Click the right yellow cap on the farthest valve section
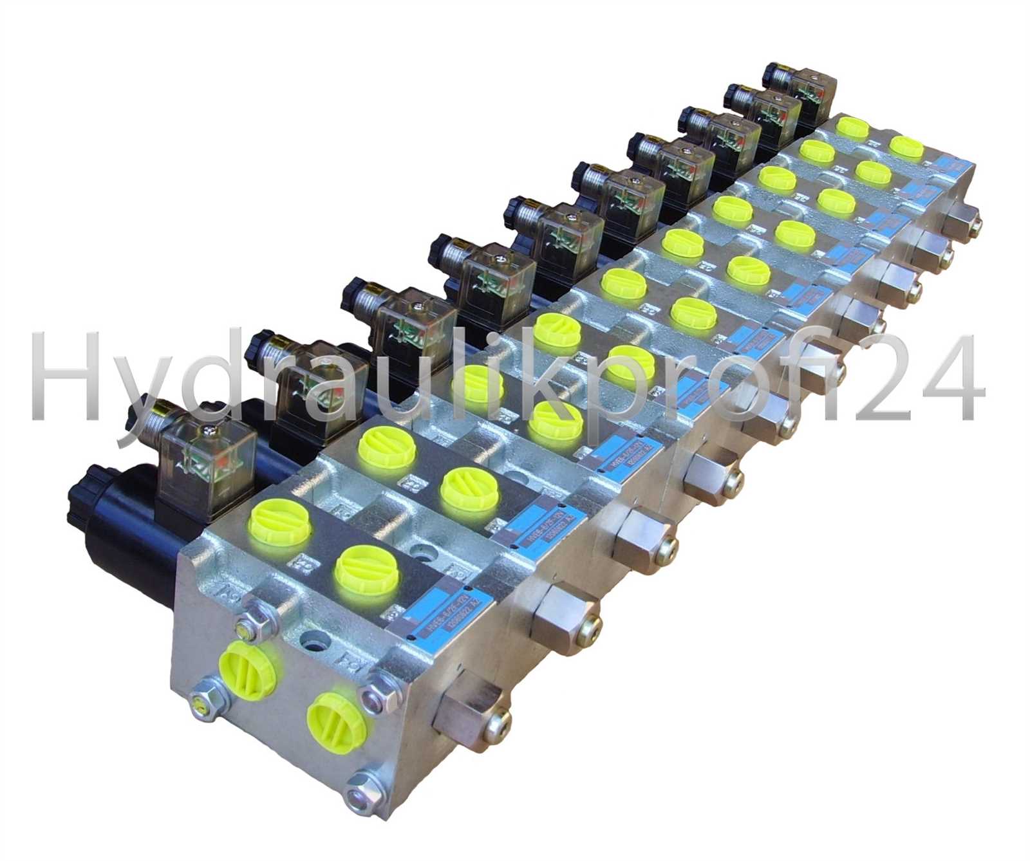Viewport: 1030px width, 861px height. [906, 147]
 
